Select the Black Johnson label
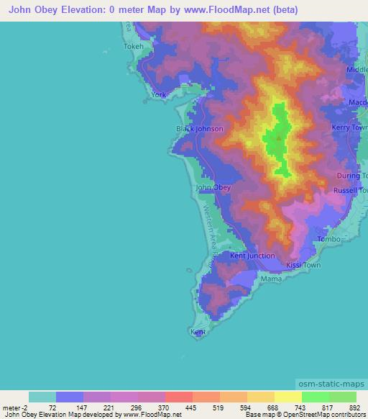200,129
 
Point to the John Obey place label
213,187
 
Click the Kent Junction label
252,256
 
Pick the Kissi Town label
303,266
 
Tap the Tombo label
328,239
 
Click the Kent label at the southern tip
198,332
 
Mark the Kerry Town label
349,127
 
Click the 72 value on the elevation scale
52,407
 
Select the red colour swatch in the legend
178,397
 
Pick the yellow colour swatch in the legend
287,397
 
